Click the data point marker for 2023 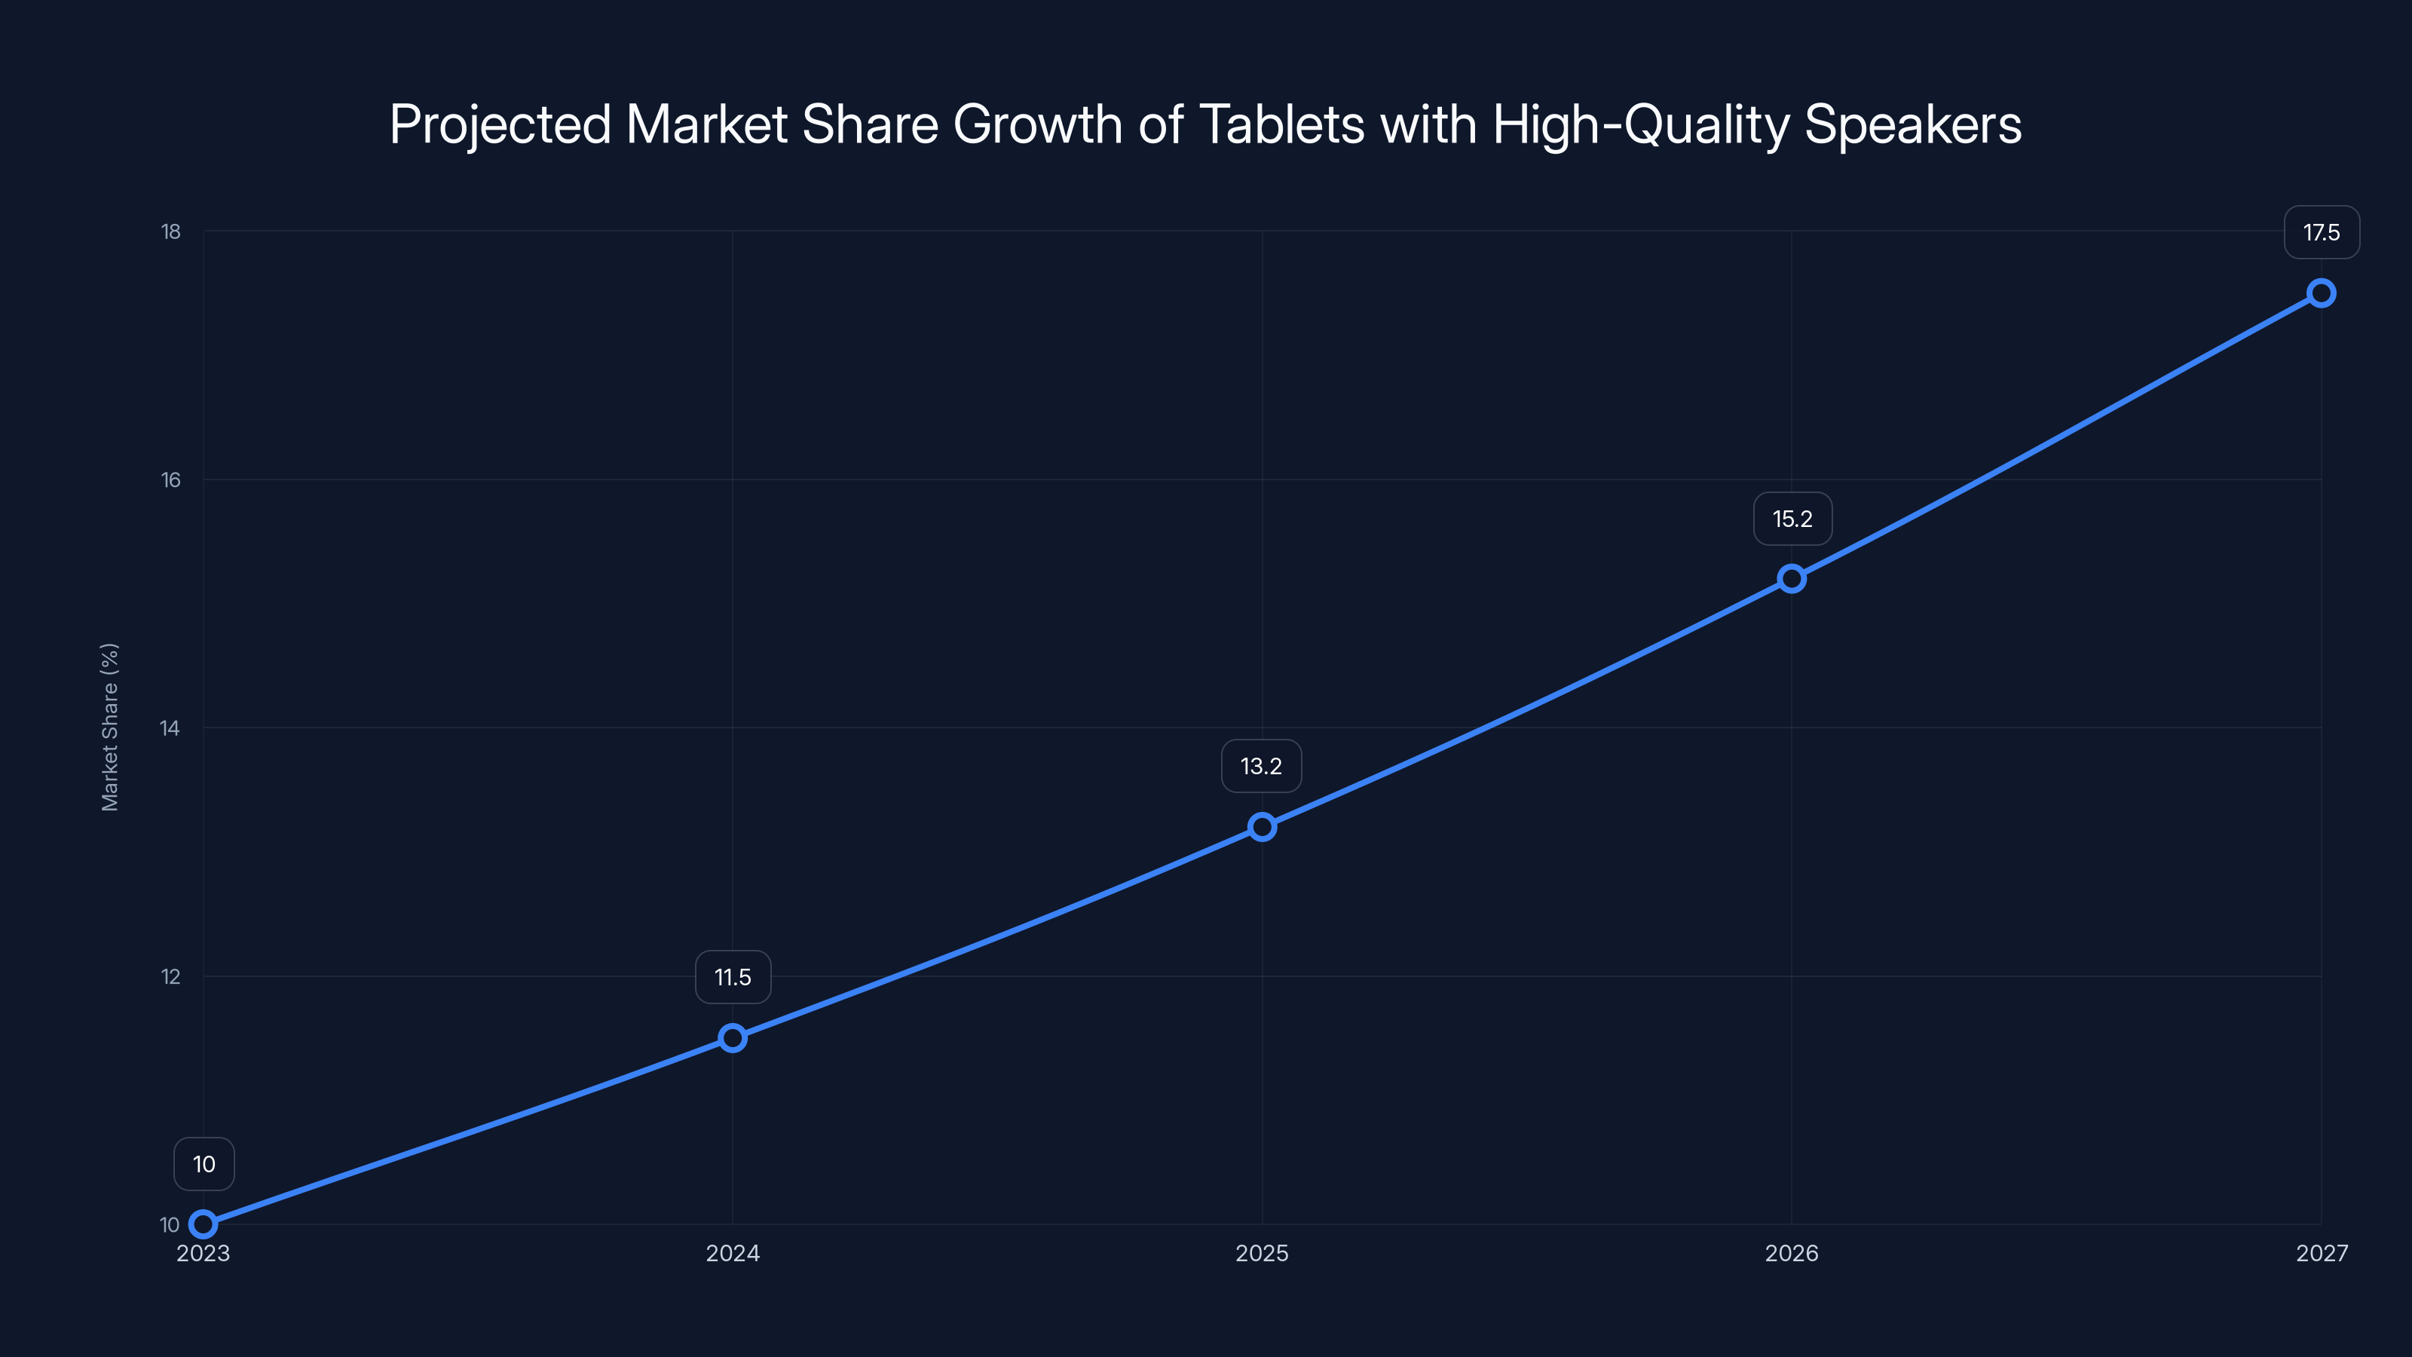[x=204, y=1224]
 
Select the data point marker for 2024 [x=732, y=1037]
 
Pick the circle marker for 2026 [x=1791, y=579]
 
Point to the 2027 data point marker [x=2322, y=293]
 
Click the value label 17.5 [x=2322, y=232]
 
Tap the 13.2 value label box [x=1261, y=766]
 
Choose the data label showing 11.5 [x=732, y=977]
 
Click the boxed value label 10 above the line [x=204, y=1164]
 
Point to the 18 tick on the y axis [x=170, y=231]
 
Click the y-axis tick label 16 [x=170, y=479]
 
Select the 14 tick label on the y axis [x=170, y=728]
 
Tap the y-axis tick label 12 [x=170, y=976]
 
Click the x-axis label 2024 [x=732, y=1253]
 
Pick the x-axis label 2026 [x=1791, y=1253]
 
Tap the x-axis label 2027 [x=2322, y=1253]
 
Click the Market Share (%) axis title [x=109, y=727]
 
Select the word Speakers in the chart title [x=1912, y=124]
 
